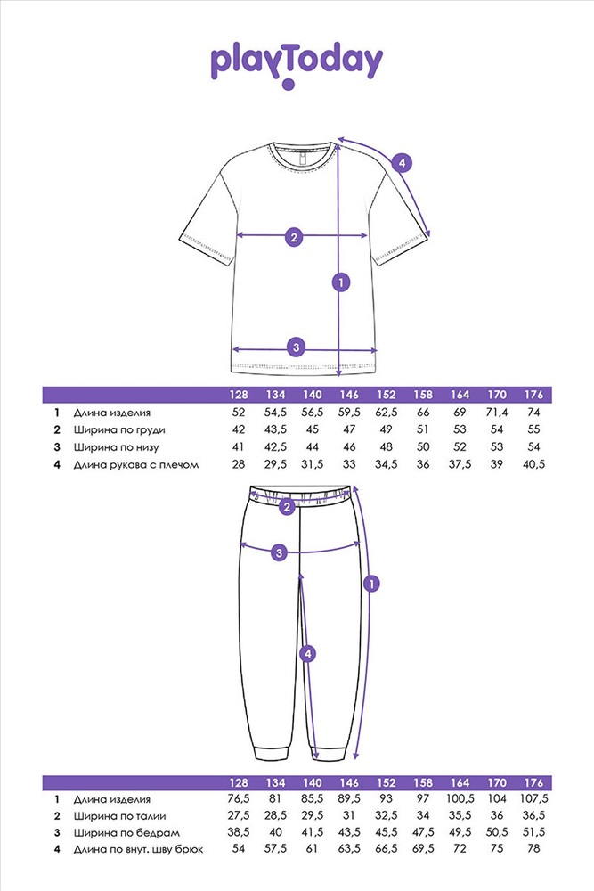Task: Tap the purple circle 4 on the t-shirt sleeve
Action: tap(402, 163)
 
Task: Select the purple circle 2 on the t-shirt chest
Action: tap(294, 237)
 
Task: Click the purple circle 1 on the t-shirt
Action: tap(341, 282)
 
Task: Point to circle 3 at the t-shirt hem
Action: tap(296, 347)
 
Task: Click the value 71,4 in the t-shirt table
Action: tap(497, 413)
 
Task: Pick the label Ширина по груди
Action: tap(119, 430)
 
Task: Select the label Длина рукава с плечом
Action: tap(136, 465)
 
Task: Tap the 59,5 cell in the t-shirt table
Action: tap(349, 413)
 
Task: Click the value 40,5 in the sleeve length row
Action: tap(533, 465)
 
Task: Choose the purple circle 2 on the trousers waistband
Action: tap(287, 506)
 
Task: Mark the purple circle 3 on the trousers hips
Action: tap(279, 552)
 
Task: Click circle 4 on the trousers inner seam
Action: tap(307, 654)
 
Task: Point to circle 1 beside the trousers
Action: tap(371, 584)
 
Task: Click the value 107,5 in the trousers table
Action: tap(533, 799)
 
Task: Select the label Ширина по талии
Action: tap(120, 816)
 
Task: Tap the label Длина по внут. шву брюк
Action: tap(138, 850)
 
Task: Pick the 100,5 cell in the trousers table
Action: tap(460, 799)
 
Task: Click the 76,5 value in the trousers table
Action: tap(239, 799)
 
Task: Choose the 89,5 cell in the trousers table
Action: tap(349, 799)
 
